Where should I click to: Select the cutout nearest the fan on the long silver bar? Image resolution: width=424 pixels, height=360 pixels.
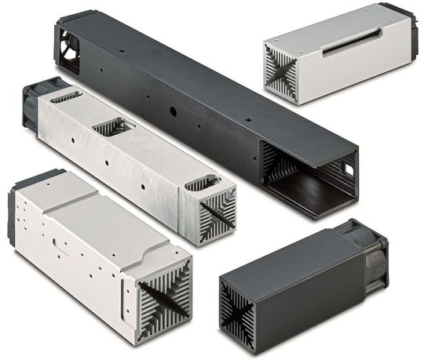click(66, 97)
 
